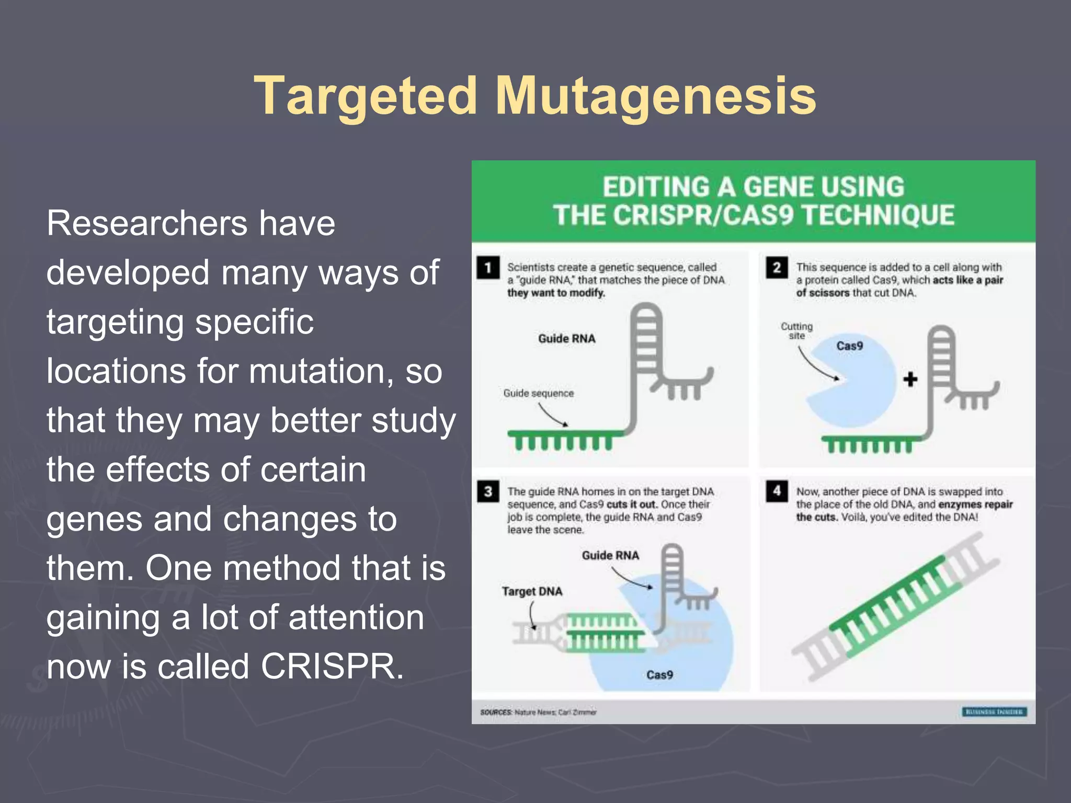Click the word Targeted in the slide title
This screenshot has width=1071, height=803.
tap(365, 96)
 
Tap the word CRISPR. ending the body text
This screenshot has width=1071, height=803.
tap(332, 667)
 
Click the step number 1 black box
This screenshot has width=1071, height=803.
tap(487, 268)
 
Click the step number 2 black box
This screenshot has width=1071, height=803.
tap(777, 268)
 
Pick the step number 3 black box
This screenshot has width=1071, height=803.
tap(487, 491)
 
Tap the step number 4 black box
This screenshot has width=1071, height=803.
tap(777, 491)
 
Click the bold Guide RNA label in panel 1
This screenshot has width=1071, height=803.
tap(567, 339)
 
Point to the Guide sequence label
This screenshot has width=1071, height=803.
tap(538, 393)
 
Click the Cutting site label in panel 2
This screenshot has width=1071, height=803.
tap(796, 330)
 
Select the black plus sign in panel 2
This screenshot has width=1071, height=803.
tap(910, 379)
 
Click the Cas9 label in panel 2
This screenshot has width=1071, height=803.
tap(849, 346)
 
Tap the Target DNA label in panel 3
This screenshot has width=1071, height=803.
tap(532, 591)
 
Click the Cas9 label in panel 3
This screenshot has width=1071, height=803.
tap(659, 675)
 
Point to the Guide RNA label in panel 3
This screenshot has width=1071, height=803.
tap(610, 555)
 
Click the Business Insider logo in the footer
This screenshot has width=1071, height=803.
tap(994, 712)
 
